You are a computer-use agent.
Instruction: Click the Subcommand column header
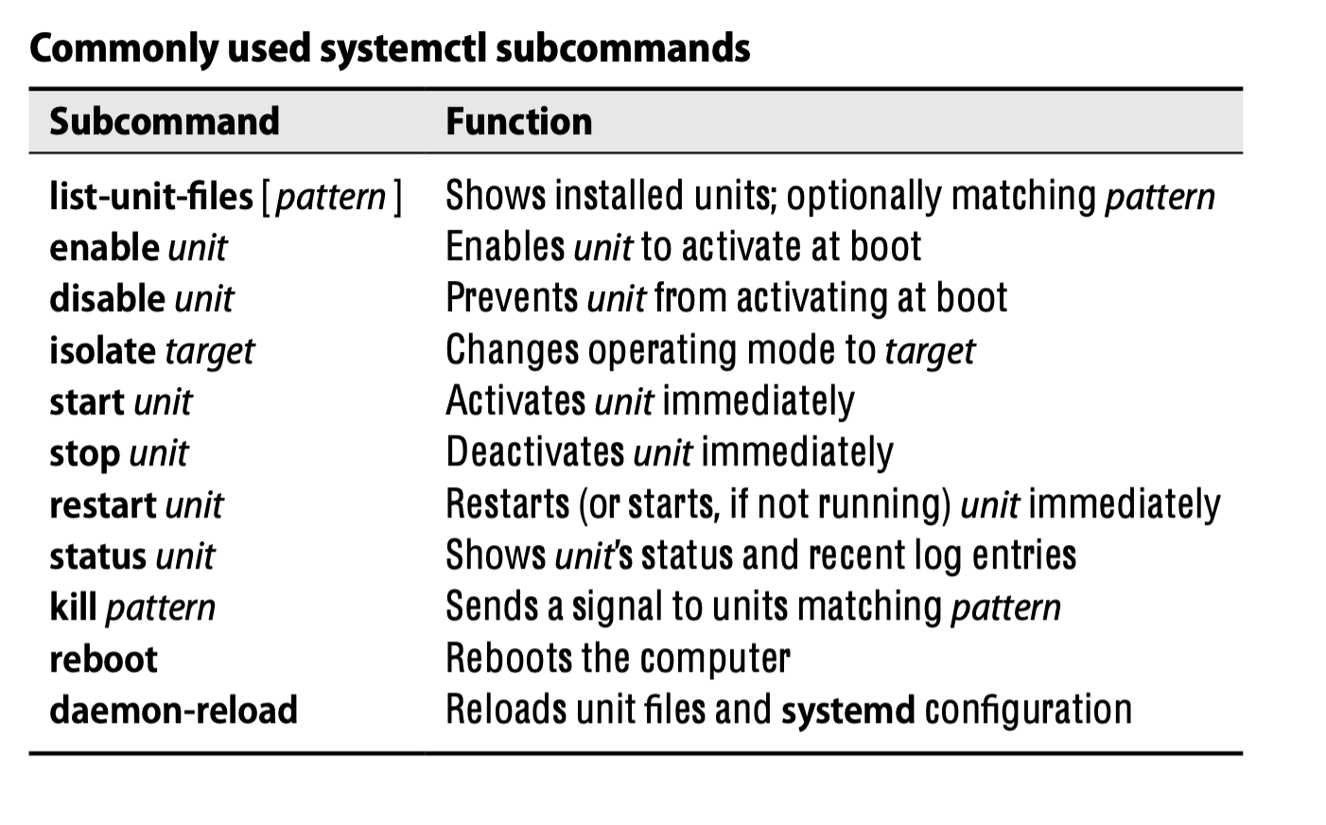(165, 122)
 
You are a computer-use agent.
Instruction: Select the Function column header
(518, 122)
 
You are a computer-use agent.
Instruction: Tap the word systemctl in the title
(402, 48)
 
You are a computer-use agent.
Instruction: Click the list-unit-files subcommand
(151, 197)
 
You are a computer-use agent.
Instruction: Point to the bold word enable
(104, 248)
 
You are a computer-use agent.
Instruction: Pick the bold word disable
(108, 299)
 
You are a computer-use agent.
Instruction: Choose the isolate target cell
(151, 351)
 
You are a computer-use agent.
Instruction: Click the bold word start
(87, 402)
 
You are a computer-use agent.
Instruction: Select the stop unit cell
(118, 453)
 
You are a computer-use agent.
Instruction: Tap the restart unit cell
(136, 504)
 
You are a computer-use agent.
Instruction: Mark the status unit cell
(131, 556)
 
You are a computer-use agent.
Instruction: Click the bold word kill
(73, 607)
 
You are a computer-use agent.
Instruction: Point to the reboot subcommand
(103, 658)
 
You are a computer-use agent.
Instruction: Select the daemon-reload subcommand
(173, 710)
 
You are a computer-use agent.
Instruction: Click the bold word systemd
(847, 710)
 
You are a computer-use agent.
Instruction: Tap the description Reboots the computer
(618, 658)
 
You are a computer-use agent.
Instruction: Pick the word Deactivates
(534, 453)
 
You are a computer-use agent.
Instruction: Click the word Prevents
(512, 299)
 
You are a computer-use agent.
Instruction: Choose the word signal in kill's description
(616, 607)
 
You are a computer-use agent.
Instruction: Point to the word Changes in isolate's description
(512, 351)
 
